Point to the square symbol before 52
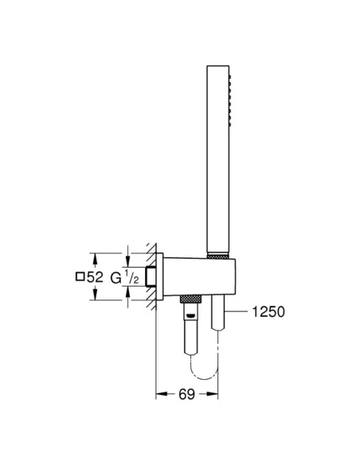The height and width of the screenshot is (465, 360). click(x=79, y=277)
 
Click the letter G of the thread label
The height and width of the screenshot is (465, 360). click(x=115, y=277)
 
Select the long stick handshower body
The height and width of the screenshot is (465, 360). click(x=217, y=159)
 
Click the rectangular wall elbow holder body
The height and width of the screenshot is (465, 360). click(x=191, y=278)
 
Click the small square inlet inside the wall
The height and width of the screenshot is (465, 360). click(x=150, y=277)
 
